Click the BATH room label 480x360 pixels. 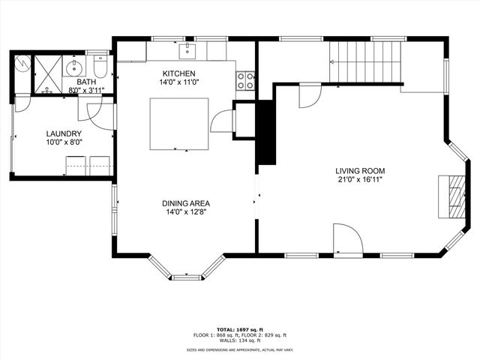click(85, 82)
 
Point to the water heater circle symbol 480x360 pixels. click(22, 64)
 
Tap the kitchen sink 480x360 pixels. click(188, 51)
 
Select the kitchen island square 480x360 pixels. click(179, 124)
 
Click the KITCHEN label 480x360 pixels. click(179, 73)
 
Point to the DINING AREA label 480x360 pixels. click(185, 203)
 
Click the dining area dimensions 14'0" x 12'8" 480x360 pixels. click(185, 212)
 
